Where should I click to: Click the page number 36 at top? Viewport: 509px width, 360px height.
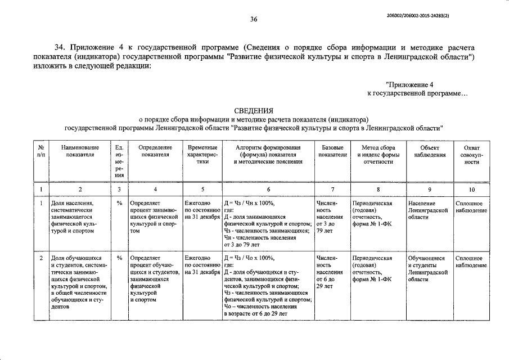254,19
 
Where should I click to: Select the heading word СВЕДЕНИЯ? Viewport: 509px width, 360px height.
254,110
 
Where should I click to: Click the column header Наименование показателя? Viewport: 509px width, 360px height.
80,151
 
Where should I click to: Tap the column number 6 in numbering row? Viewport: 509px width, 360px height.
268,190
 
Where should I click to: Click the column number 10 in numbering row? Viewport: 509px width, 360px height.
472,190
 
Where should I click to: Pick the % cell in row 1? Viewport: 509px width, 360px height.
119,203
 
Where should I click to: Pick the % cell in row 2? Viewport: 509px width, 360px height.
119,258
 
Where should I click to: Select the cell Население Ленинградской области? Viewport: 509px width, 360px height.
429,210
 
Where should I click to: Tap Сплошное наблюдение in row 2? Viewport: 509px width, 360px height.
472,262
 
